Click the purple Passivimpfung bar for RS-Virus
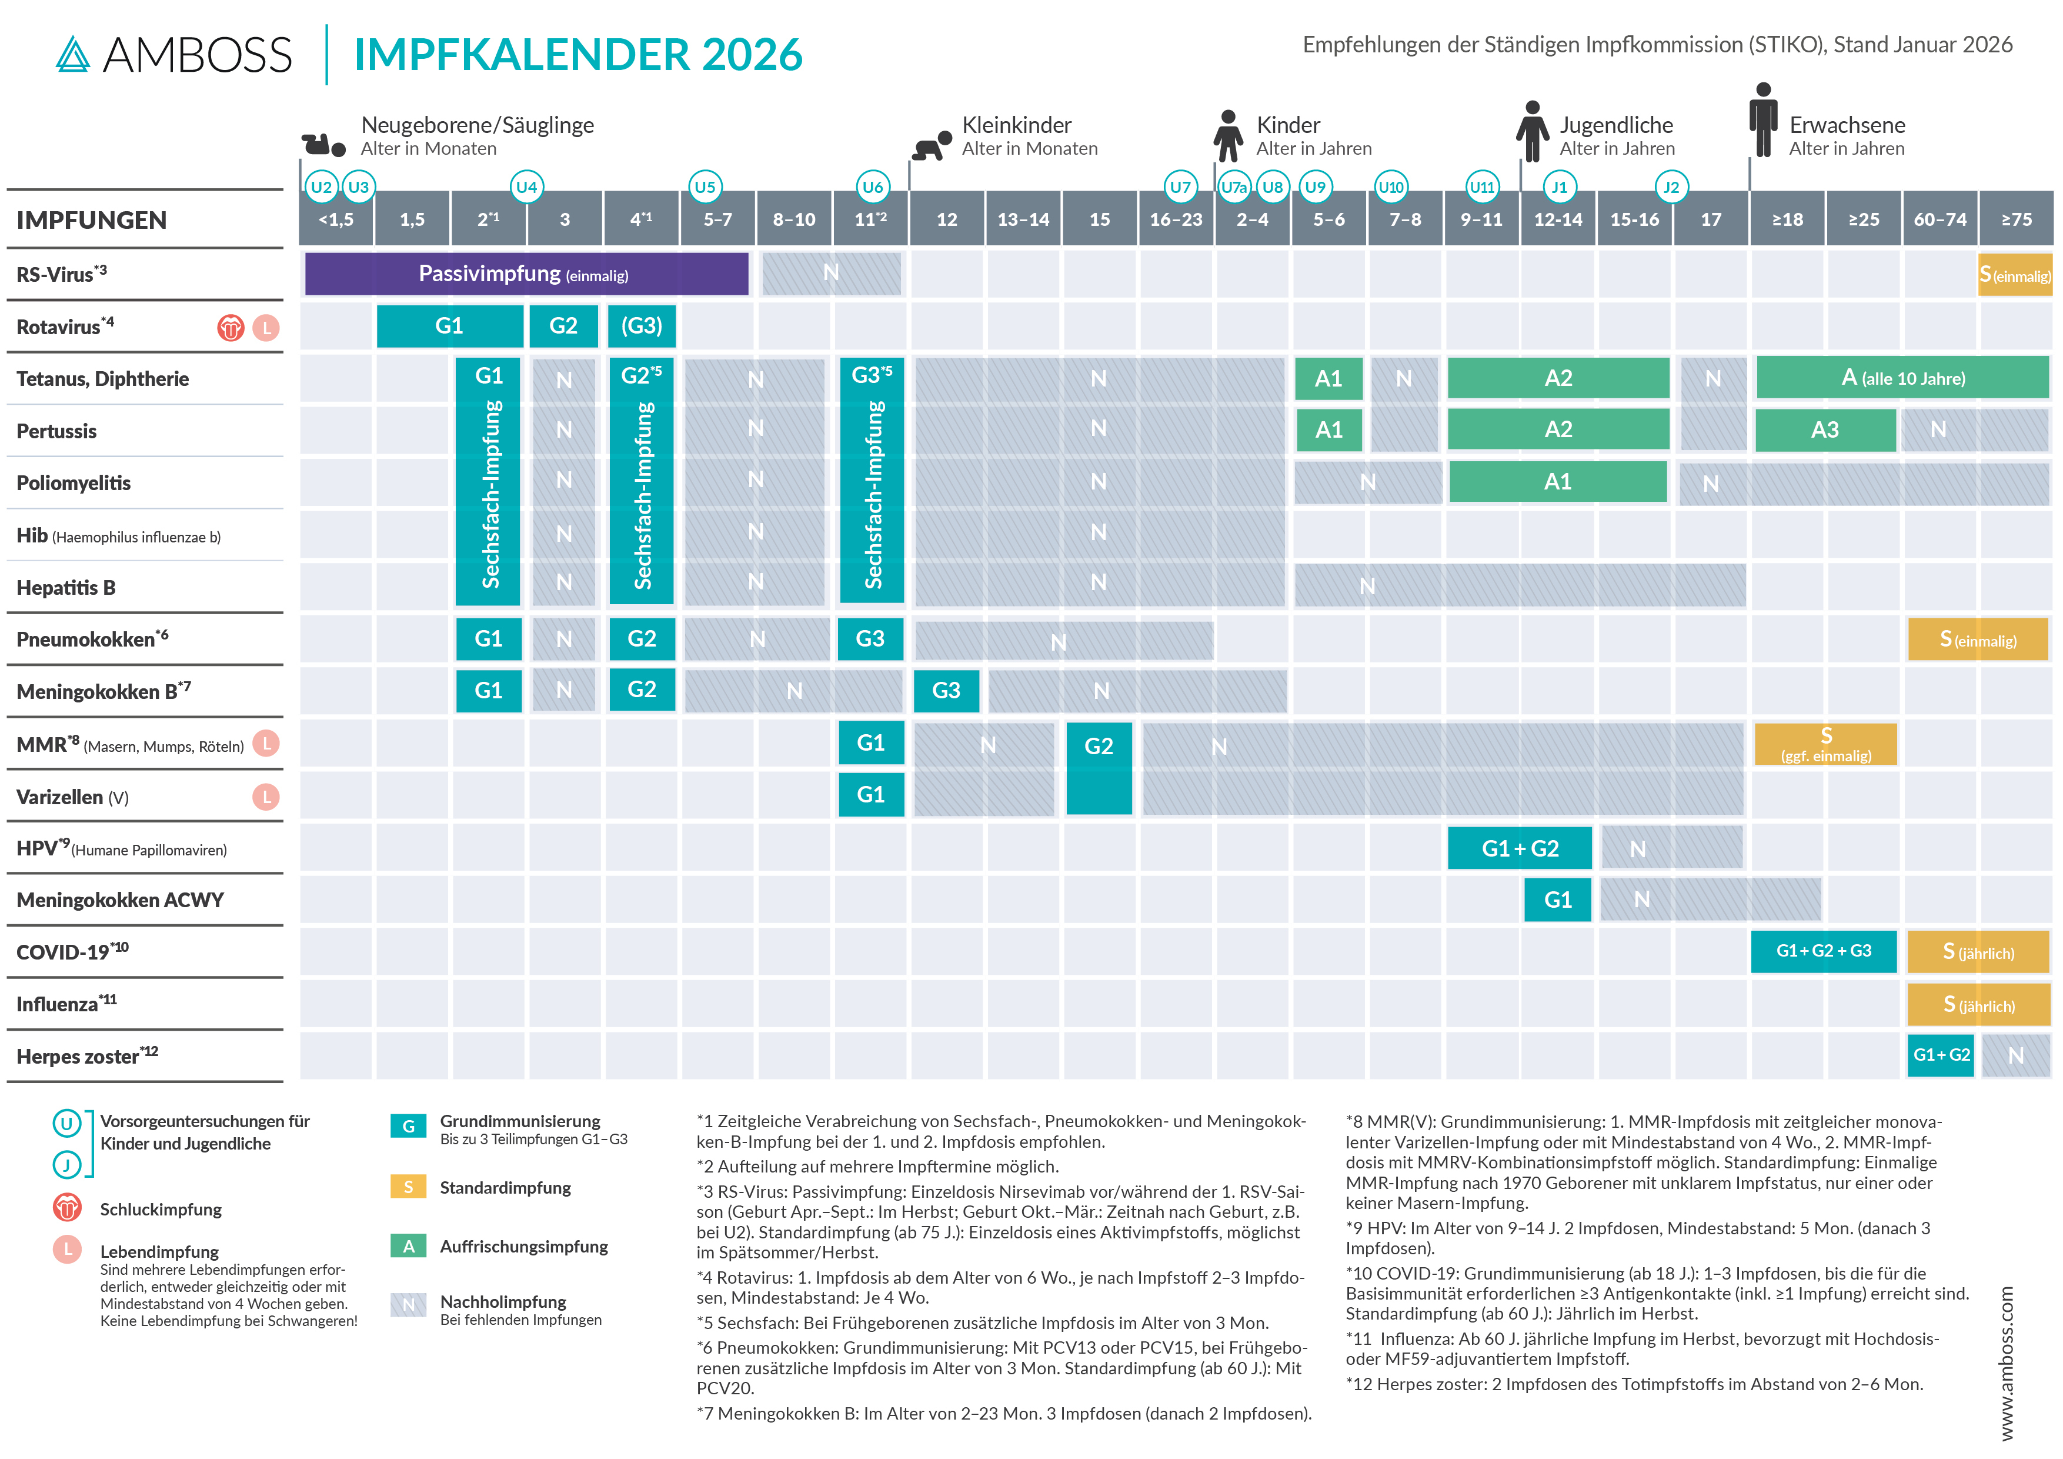point(526,274)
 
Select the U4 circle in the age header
point(526,187)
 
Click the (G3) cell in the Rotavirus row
point(642,325)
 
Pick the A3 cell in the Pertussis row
point(1824,429)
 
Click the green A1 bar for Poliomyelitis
point(1557,482)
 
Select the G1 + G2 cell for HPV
point(1520,848)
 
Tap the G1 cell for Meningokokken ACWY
point(1557,900)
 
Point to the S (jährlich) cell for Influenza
point(1978,1004)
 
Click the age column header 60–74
point(1940,219)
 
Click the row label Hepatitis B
point(66,588)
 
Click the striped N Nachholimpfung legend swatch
point(408,1304)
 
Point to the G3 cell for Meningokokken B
point(946,691)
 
